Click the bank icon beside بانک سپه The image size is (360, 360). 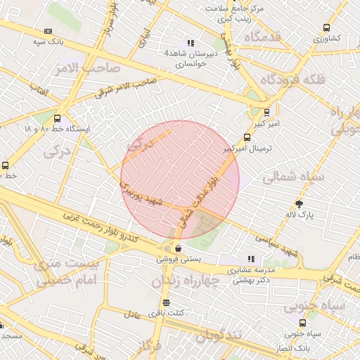tap(48, 31)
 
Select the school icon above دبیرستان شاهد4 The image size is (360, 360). tap(190, 42)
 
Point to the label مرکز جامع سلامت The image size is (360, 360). tap(243, 8)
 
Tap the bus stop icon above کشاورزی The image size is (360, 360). tap(326, 27)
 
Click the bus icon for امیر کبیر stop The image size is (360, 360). tap(266, 112)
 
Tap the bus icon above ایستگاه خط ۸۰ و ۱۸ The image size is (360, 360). tap(56, 119)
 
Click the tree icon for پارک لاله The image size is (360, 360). tap(300, 204)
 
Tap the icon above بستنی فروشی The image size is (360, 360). tap(178, 248)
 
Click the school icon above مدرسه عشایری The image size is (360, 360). tap(252, 259)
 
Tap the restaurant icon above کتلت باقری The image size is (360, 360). tap(165, 302)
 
